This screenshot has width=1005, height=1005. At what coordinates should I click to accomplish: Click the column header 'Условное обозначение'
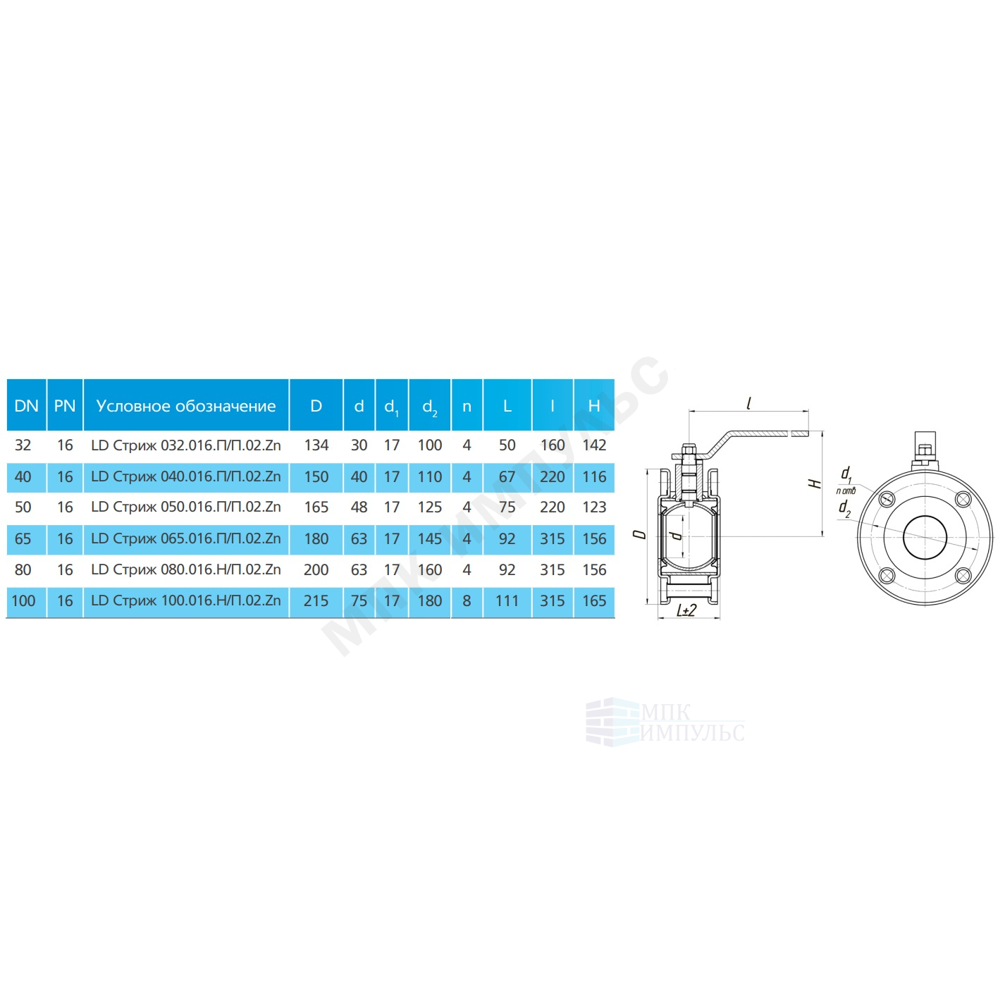click(x=185, y=406)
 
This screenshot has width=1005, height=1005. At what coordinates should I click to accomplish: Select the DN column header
click(x=27, y=406)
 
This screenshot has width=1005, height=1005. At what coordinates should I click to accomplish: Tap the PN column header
click(x=65, y=406)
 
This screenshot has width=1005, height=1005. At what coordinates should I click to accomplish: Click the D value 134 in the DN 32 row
click(x=316, y=445)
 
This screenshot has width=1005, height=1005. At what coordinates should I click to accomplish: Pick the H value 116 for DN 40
click(x=594, y=476)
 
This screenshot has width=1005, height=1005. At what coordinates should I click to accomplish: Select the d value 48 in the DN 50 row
click(x=359, y=507)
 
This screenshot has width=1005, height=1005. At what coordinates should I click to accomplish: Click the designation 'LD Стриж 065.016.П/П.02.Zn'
click(x=185, y=538)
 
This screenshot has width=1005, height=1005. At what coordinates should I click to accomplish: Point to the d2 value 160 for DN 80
click(x=430, y=569)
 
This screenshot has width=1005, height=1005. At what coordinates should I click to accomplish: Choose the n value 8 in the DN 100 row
click(x=467, y=600)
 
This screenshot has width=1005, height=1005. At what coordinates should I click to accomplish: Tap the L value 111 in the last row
click(x=507, y=600)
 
